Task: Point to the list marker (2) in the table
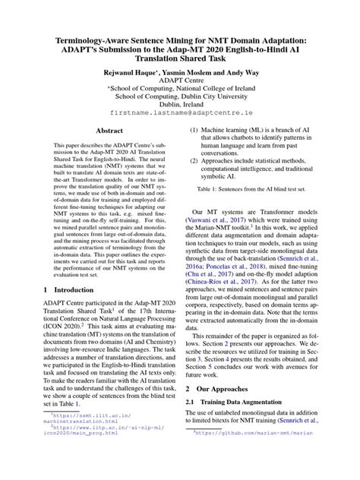coord(195,160)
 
